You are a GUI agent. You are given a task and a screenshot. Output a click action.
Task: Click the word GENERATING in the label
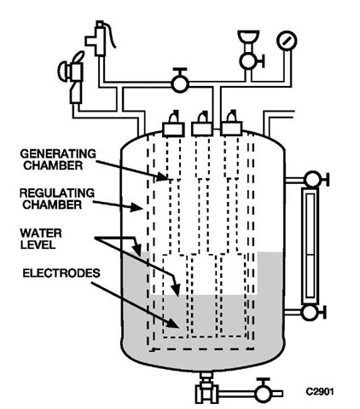(58, 154)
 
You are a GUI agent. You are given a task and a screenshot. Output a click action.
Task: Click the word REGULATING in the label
(57, 193)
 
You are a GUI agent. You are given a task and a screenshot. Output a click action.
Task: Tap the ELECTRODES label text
(61, 274)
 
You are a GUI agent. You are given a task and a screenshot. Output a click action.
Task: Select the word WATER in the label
(41, 233)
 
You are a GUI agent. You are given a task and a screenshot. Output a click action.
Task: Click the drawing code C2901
(320, 392)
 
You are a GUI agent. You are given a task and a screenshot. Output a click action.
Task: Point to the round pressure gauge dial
(287, 41)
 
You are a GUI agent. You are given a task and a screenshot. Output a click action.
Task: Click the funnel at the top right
(248, 37)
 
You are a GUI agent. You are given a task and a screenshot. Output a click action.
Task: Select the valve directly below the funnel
(252, 60)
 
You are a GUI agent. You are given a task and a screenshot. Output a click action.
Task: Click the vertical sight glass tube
(310, 246)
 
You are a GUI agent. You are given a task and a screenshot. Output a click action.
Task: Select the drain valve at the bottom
(264, 392)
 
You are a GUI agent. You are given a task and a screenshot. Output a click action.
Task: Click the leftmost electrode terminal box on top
(173, 129)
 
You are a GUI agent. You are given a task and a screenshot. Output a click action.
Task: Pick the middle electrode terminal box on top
(202, 129)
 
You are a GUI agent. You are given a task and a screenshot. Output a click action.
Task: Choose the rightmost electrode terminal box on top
(232, 129)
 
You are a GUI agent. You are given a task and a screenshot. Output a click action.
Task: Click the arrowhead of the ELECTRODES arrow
(174, 323)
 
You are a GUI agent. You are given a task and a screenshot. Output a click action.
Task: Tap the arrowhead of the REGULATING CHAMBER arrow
(136, 207)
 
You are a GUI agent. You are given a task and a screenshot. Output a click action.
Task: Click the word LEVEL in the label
(38, 245)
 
